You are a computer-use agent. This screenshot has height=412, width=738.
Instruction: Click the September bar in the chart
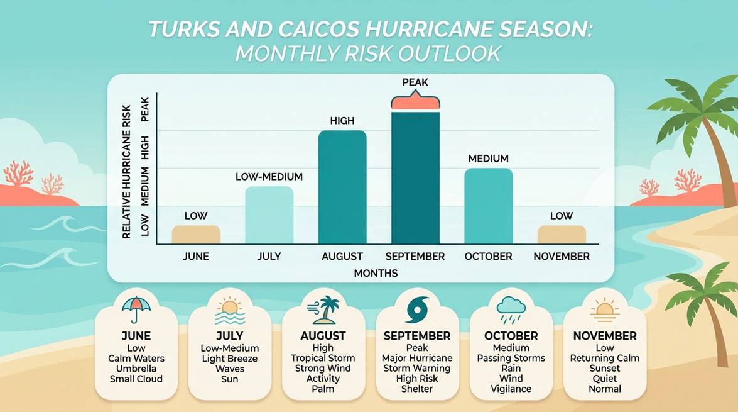pyautogui.click(x=415, y=178)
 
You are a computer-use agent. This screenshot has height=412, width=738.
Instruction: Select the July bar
pyautogui.click(x=269, y=215)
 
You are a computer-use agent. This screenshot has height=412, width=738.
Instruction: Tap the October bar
pyautogui.click(x=488, y=206)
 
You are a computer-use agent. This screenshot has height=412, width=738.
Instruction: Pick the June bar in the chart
pyautogui.click(x=196, y=235)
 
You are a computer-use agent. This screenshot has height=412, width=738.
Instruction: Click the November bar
pyautogui.click(x=562, y=235)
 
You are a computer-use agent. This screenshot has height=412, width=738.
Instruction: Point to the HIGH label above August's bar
pyautogui.click(x=342, y=120)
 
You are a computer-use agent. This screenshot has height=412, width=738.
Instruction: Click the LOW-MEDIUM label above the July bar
pyautogui.click(x=269, y=177)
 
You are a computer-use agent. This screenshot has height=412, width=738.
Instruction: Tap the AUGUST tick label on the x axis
pyautogui.click(x=342, y=257)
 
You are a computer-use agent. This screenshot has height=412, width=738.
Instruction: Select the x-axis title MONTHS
pyautogui.click(x=376, y=274)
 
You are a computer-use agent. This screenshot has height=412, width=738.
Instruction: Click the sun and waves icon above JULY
pyautogui.click(x=229, y=309)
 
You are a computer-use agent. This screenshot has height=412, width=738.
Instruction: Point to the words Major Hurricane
pyautogui.click(x=417, y=359)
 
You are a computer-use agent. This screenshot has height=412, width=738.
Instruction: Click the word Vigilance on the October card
pyautogui.click(x=511, y=389)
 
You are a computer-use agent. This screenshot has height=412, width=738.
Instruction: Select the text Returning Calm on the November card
pyautogui.click(x=605, y=359)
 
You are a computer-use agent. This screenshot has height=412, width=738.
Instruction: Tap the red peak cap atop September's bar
pyautogui.click(x=415, y=102)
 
